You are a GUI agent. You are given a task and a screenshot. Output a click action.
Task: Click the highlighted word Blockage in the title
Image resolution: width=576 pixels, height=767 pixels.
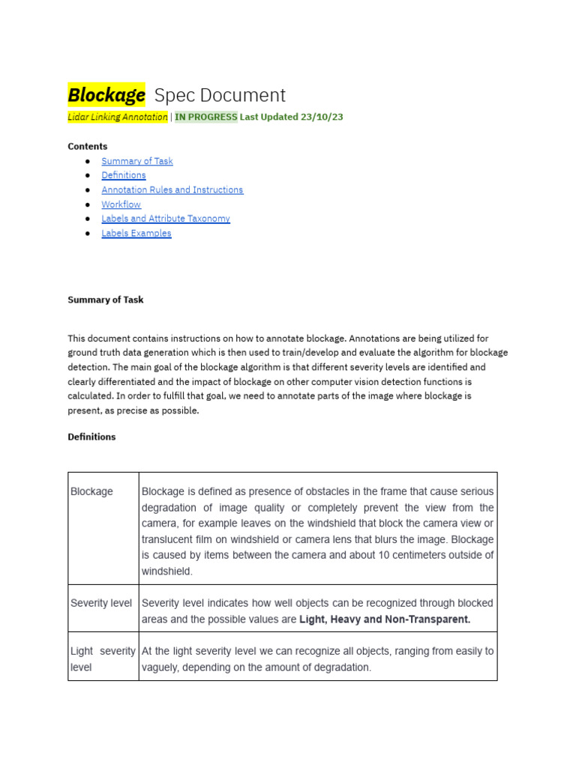(x=106, y=95)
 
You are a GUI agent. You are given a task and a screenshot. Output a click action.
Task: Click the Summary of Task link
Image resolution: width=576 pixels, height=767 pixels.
(x=137, y=161)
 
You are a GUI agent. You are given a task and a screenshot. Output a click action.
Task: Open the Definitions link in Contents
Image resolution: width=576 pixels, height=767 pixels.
(x=124, y=175)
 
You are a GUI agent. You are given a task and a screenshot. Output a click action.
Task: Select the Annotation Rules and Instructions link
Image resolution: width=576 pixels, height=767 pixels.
(x=172, y=190)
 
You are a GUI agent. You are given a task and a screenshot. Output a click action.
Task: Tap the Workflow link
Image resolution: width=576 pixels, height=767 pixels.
(x=121, y=204)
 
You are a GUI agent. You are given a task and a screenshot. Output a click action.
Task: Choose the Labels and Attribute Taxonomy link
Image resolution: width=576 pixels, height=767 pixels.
(x=166, y=219)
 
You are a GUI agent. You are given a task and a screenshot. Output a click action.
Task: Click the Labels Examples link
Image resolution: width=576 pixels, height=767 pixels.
(x=136, y=233)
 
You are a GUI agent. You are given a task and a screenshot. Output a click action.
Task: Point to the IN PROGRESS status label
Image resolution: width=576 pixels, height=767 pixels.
(x=205, y=117)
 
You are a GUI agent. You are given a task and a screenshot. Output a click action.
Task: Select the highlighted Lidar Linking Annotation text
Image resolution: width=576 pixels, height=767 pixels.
(x=118, y=117)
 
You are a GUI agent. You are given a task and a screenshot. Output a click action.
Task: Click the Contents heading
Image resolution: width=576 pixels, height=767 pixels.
(x=88, y=146)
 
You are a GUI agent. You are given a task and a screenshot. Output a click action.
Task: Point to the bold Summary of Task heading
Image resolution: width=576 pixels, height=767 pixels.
(x=106, y=300)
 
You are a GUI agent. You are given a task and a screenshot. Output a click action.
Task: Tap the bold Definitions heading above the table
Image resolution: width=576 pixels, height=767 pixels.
(x=91, y=437)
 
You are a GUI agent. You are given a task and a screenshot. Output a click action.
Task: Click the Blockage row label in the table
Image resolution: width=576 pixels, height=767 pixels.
(x=92, y=492)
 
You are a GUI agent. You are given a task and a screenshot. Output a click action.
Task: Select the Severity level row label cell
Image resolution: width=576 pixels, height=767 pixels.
(x=102, y=603)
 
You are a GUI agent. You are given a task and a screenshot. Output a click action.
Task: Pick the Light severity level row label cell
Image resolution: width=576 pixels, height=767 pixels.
(x=103, y=659)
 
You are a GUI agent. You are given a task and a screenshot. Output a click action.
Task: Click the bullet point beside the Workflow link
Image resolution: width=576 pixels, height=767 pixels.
(x=88, y=204)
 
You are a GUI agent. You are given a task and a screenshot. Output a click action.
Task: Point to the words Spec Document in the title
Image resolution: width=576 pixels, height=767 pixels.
(x=220, y=95)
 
